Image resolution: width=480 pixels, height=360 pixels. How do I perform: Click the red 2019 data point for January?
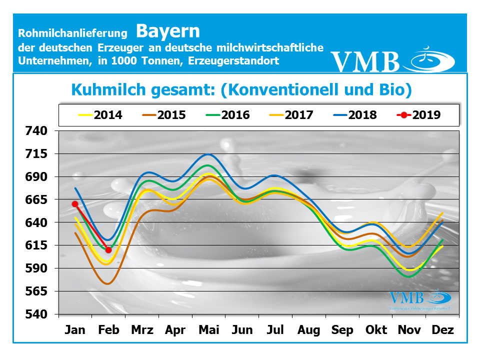tap(75, 204)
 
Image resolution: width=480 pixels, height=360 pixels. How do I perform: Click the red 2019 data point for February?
tap(108, 250)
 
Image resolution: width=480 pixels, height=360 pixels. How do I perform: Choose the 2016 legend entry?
tap(228, 115)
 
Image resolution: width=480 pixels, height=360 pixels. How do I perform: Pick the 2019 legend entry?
tap(419, 115)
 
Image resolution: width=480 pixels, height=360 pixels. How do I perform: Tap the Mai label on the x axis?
tap(209, 330)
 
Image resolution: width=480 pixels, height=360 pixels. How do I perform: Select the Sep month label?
tap(342, 330)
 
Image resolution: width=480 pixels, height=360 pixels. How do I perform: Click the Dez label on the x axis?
tap(442, 330)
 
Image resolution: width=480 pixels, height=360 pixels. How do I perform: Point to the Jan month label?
tap(75, 330)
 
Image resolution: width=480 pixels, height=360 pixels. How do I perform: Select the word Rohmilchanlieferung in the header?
tap(73, 33)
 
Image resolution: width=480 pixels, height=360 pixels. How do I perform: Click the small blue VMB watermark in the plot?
tap(406, 298)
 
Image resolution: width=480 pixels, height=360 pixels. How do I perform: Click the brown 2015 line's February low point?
tap(107, 283)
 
